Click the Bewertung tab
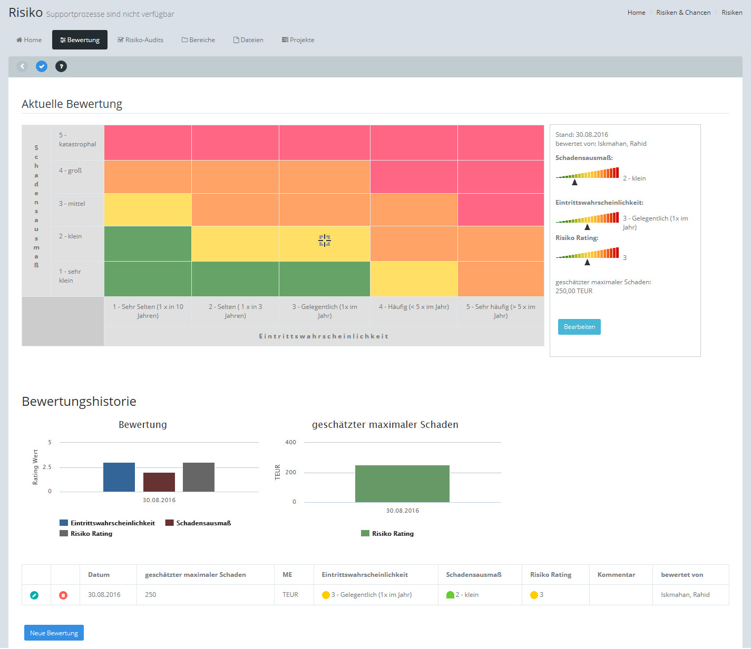[x=80, y=40]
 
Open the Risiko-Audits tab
[x=140, y=40]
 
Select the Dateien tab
[x=248, y=40]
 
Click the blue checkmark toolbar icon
[x=42, y=66]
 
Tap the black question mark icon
[x=61, y=66]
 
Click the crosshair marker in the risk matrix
[x=325, y=241]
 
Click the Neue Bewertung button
[x=54, y=633]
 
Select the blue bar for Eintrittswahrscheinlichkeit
[x=119, y=477]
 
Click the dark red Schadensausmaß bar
[x=159, y=482]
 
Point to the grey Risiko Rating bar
[x=199, y=477]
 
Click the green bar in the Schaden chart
[x=402, y=483]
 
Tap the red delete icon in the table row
[x=63, y=595]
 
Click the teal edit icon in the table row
[x=34, y=595]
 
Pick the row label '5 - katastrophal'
[x=77, y=139]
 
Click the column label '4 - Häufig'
[x=414, y=307]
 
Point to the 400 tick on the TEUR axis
[x=290, y=442]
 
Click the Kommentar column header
[x=616, y=575]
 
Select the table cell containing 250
[x=151, y=595]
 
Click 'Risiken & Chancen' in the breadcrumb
[x=683, y=13]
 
